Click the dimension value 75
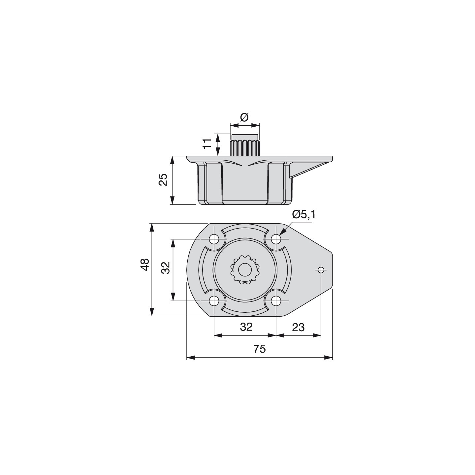(x=259, y=349)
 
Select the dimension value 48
(x=145, y=265)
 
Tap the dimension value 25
(x=163, y=180)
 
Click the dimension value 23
(x=298, y=328)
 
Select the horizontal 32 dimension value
(x=246, y=327)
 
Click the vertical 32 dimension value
(x=166, y=268)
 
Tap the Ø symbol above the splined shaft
(x=244, y=117)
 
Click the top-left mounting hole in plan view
(x=214, y=238)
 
